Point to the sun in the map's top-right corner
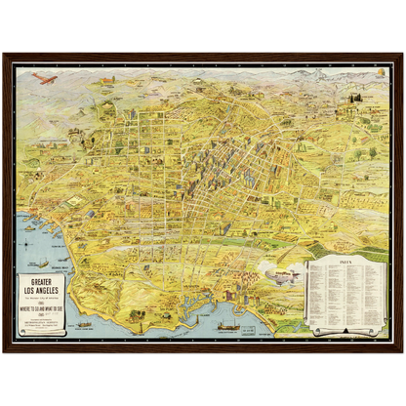tap(378, 73)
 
